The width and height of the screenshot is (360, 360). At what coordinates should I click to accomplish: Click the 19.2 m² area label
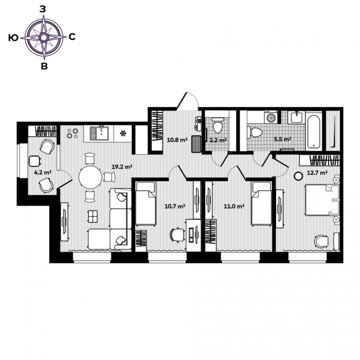click(x=122, y=167)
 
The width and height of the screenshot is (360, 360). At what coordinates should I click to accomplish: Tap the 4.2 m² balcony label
click(x=43, y=172)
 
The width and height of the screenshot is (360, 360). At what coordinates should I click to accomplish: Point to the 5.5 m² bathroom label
click(x=283, y=139)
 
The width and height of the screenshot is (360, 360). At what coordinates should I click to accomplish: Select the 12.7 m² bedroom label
click(x=317, y=172)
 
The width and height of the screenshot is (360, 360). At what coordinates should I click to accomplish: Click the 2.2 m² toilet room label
click(x=218, y=140)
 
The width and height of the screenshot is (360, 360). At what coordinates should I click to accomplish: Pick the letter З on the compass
click(x=43, y=9)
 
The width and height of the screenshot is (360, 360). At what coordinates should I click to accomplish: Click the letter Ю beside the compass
click(x=13, y=37)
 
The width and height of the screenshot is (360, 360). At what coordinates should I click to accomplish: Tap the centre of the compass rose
click(x=44, y=37)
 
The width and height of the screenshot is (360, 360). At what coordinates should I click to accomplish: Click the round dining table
click(x=90, y=178)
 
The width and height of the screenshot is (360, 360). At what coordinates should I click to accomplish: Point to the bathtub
click(x=314, y=131)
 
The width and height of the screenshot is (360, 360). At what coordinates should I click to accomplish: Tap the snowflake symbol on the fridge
click(x=123, y=133)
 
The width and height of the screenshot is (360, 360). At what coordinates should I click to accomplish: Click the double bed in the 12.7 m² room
click(x=322, y=200)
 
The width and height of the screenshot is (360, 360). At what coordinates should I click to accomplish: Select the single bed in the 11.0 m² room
click(x=262, y=203)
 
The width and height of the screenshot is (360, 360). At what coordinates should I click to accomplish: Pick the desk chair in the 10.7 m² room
click(x=177, y=235)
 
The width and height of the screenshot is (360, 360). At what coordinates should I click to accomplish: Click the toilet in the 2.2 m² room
click(x=217, y=125)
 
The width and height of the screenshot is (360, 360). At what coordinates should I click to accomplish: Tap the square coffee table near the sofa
click(x=92, y=216)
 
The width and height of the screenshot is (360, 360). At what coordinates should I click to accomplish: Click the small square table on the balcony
click(x=35, y=161)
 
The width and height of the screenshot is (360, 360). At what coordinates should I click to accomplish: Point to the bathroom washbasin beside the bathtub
click(x=297, y=117)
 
